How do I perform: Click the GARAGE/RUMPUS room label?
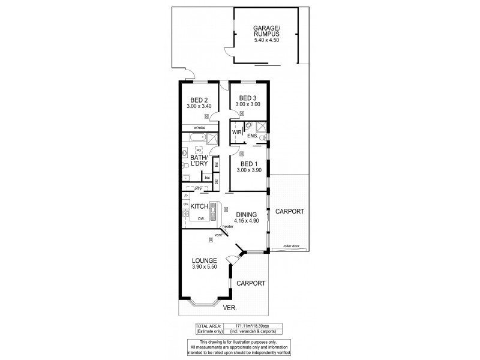pyautogui.click(x=266, y=32)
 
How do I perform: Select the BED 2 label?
pyautogui.click(x=199, y=100)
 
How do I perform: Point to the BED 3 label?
pyautogui.click(x=248, y=98)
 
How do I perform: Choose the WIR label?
pyautogui.click(x=236, y=131)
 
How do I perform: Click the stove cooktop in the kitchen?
pyautogui.click(x=185, y=213)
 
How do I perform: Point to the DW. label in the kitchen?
pyautogui.click(x=201, y=219)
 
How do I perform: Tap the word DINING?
pyautogui.click(x=247, y=214)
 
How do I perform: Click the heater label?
pyautogui.click(x=227, y=226)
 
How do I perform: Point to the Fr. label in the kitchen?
pyautogui.click(x=187, y=196)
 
